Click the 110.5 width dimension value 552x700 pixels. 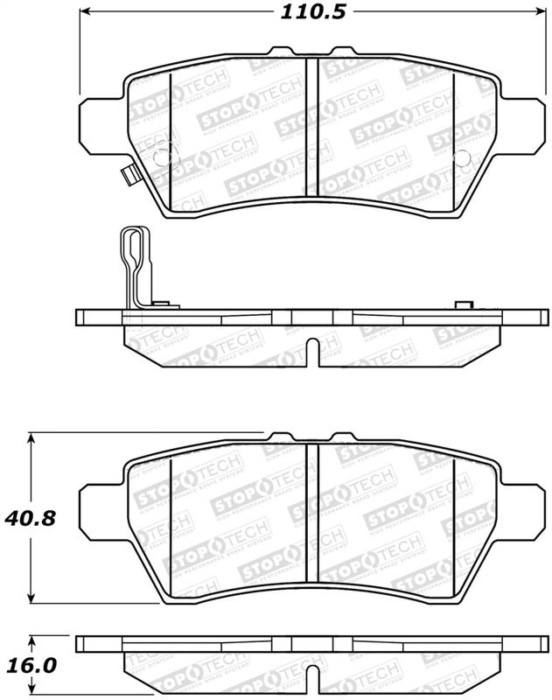coord(301,12)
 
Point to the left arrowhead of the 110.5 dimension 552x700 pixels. coord(86,12)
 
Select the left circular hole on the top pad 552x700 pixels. coord(161,158)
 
